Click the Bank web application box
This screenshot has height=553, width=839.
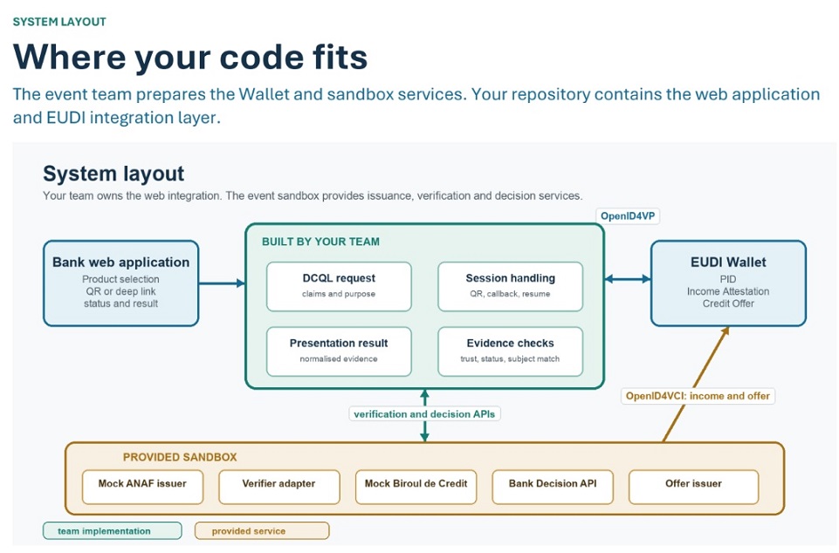point(121,283)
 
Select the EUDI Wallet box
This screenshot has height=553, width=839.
point(728,283)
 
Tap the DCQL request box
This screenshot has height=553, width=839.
point(339,286)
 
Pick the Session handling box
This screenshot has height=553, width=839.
point(510,286)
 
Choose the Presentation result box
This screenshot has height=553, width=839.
point(339,352)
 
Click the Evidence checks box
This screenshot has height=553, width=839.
point(510,352)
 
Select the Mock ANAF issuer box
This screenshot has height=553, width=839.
point(142,487)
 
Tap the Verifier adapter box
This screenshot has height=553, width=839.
point(279,487)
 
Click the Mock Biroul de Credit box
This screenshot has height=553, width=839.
point(416,487)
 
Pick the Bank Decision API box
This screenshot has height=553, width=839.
point(552,487)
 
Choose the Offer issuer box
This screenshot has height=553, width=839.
point(693,487)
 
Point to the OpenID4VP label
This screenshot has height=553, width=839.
point(628,216)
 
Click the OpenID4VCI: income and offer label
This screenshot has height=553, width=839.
point(698,396)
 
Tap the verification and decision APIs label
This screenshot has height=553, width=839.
point(424,414)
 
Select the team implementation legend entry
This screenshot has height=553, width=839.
point(113,531)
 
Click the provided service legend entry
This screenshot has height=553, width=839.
point(262,531)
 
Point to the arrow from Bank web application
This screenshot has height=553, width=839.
point(222,283)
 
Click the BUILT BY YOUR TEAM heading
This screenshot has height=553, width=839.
point(320,242)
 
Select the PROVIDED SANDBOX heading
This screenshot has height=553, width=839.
point(180,457)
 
